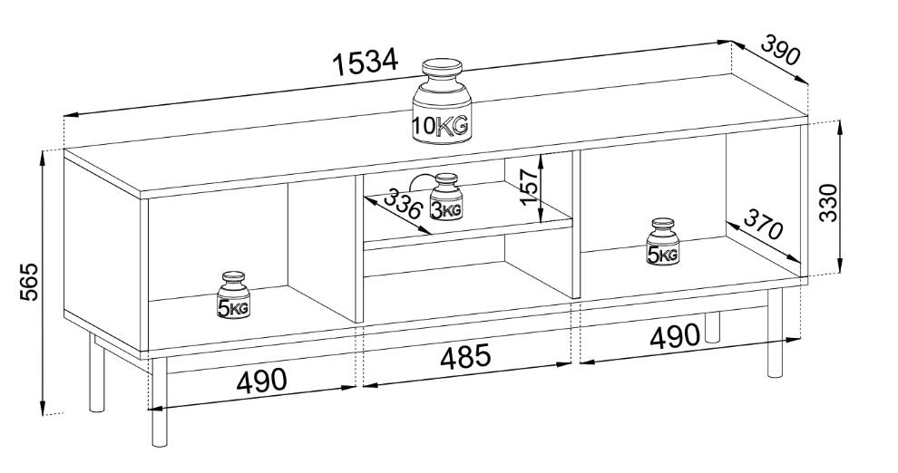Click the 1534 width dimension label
pos(366,63)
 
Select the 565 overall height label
pos(27,282)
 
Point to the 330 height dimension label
pos(828,202)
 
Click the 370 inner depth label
pos(764,224)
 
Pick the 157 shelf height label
pos(528,187)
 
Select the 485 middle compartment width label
pos(465,357)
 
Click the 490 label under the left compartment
pos(262,380)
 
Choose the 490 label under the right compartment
pos(674,337)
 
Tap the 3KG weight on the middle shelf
pos(446,196)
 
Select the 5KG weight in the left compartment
pos(234,295)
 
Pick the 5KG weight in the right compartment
pos(663,241)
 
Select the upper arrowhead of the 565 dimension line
pos(43,158)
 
